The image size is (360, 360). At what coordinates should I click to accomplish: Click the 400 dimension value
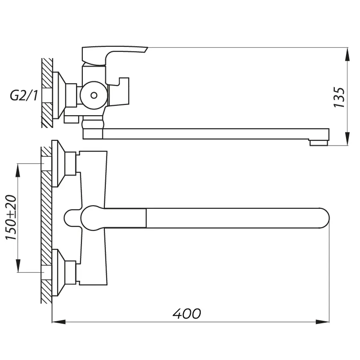(187, 314)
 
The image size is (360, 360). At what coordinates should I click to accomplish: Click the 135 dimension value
(339, 97)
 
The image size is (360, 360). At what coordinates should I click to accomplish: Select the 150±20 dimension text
(11, 217)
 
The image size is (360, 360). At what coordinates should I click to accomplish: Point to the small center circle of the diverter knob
(94, 95)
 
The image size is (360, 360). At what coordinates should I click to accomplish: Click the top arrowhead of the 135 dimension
(347, 54)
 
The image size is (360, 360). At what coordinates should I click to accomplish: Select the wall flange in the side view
(59, 96)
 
